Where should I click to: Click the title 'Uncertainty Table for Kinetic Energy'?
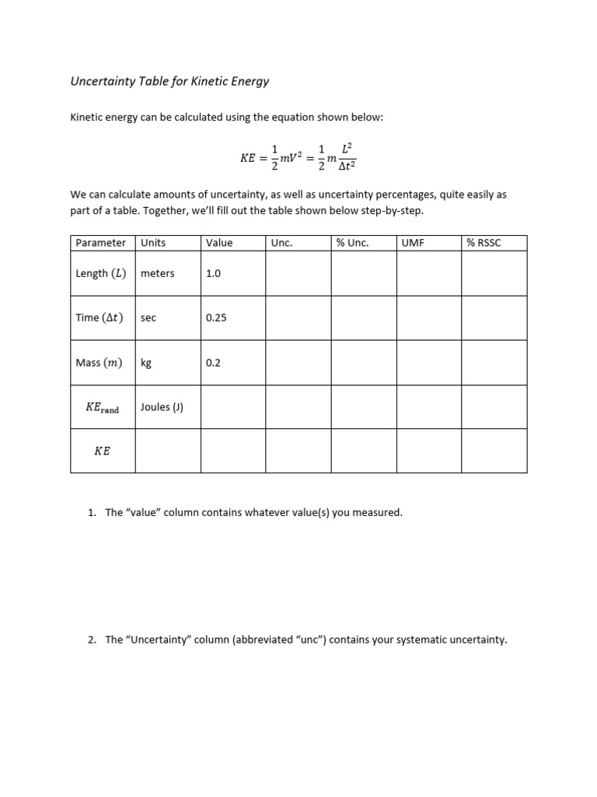[169, 80]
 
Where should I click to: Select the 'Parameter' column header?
[100, 243]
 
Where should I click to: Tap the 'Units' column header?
[153, 243]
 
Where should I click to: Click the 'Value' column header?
[219, 243]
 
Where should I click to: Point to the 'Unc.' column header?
[281, 243]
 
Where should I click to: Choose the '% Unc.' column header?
[352, 243]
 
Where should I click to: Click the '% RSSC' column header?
[484, 243]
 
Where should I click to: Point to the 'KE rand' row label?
[102, 407]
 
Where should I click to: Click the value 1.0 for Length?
[213, 274]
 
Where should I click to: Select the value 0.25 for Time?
[216, 318]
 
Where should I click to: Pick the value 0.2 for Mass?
[213, 363]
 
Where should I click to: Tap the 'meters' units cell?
[158, 274]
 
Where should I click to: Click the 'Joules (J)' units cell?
[162, 407]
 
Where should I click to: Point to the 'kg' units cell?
[146, 363]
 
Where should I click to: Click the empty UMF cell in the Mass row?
[429, 363]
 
